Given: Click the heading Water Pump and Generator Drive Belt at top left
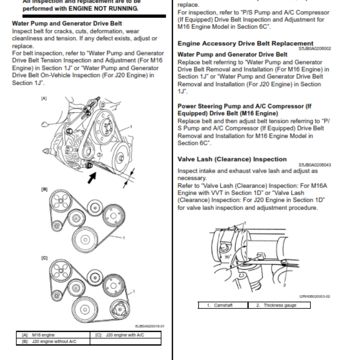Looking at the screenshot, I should [67, 23].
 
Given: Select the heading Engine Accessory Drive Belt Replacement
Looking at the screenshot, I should [245, 44].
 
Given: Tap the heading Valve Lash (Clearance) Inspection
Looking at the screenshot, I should [232, 159].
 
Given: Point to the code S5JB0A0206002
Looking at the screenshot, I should [315, 49].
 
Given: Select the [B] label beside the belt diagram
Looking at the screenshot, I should [44, 189].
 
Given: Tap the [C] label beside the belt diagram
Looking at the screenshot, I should [44, 258].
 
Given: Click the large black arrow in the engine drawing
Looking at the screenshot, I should [92, 178].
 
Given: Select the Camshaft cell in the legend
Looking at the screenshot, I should [222, 306].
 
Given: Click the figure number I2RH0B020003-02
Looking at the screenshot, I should [315, 296].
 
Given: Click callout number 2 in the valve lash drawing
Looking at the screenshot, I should [284, 285].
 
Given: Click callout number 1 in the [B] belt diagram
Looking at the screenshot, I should [123, 237].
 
